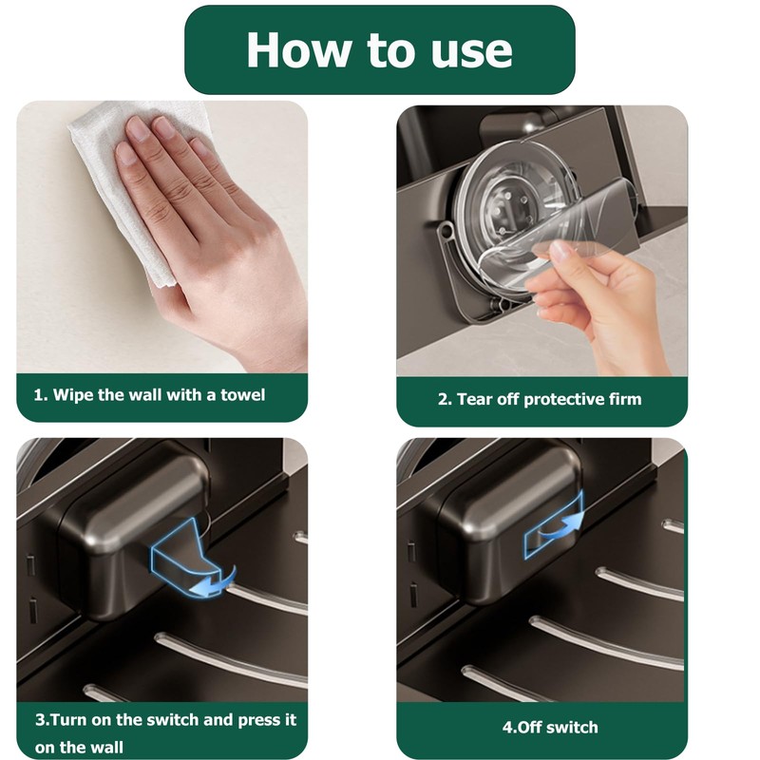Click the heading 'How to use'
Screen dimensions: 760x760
point(379,50)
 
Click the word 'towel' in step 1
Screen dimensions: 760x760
point(243,395)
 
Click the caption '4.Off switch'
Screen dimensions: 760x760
point(550,727)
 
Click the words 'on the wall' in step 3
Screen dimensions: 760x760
point(79,747)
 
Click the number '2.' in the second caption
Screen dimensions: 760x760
point(445,399)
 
